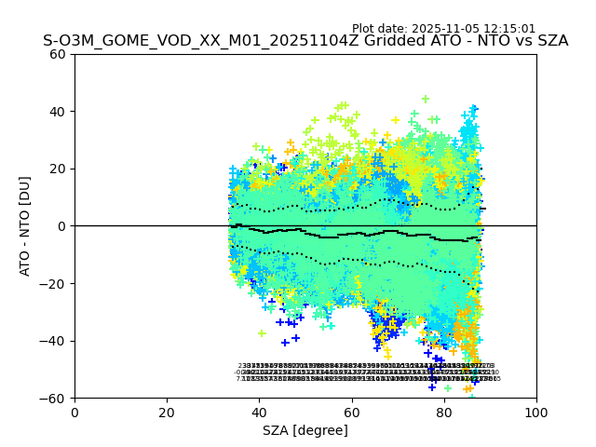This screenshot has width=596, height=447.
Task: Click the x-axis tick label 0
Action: tap(74, 413)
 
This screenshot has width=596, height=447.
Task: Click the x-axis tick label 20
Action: tap(167, 413)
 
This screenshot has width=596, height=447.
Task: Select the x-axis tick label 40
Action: tap(259, 413)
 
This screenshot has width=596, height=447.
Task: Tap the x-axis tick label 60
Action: tap(351, 413)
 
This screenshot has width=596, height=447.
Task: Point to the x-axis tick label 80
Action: tap(443, 413)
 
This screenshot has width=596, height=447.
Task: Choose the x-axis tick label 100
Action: tap(535, 413)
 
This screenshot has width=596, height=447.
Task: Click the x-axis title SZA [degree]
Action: tap(305, 430)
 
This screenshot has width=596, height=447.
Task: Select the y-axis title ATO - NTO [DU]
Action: tap(25, 226)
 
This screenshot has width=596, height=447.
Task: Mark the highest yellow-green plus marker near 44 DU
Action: tap(426, 99)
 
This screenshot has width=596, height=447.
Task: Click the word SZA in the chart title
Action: tap(550, 41)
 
